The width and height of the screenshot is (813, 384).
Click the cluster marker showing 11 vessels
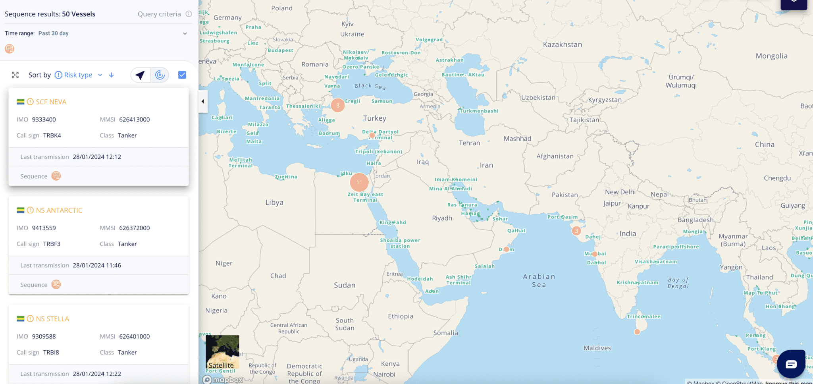[x=359, y=183]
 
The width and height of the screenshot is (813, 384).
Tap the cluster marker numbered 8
[x=338, y=105]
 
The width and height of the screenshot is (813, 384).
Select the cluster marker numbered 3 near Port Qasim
[x=576, y=231]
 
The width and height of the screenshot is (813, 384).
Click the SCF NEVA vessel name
[x=51, y=102]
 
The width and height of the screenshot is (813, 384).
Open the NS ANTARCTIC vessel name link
[x=59, y=210]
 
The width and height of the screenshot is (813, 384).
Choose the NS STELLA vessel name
[x=52, y=318]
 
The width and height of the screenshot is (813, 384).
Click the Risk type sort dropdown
[x=79, y=75]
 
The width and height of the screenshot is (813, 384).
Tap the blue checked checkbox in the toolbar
[x=182, y=75]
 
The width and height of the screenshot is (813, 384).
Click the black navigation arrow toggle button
[x=141, y=75]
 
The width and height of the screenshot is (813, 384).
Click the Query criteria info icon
[x=189, y=14]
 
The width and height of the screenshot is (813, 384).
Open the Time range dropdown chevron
[x=185, y=33]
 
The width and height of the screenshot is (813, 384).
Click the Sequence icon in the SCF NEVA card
[x=56, y=176]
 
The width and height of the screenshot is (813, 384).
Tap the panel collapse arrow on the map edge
[x=203, y=101]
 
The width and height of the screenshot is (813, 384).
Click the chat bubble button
[x=791, y=364]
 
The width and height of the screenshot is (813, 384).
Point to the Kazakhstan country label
[x=562, y=44]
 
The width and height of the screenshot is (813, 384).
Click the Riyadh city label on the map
[x=442, y=218]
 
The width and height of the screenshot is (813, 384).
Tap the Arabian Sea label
[x=539, y=280]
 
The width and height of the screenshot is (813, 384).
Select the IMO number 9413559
[x=44, y=228]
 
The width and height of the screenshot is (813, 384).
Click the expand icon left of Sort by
[x=15, y=75]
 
